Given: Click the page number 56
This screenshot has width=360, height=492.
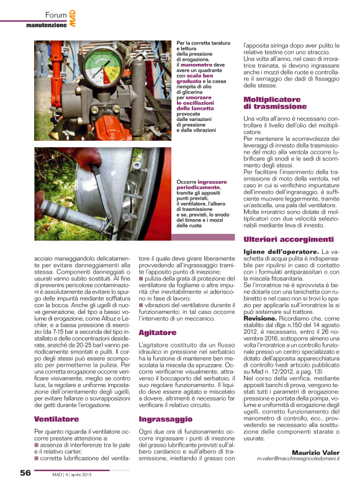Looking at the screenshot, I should coord(25,473).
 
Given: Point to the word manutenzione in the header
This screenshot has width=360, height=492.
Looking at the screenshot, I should coord(46,25).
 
